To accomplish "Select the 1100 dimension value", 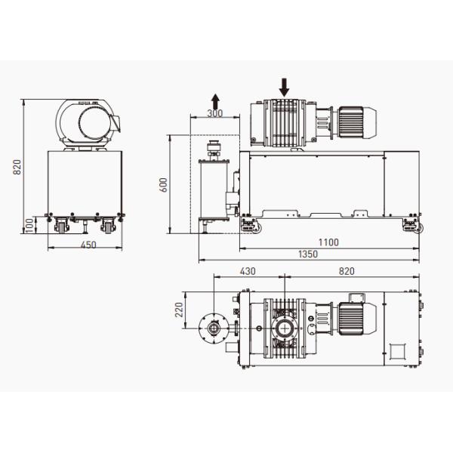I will pos(328,242).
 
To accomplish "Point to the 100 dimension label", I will pos(29,224).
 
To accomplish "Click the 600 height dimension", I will pos(163,185).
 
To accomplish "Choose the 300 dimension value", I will pos(215,113).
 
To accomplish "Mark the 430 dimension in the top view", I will pos(248,270).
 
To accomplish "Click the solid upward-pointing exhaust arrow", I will pos(215,100).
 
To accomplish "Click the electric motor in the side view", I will pos(356,122).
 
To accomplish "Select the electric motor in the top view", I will pos(356,316).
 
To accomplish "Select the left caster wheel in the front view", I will pos(60,224).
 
